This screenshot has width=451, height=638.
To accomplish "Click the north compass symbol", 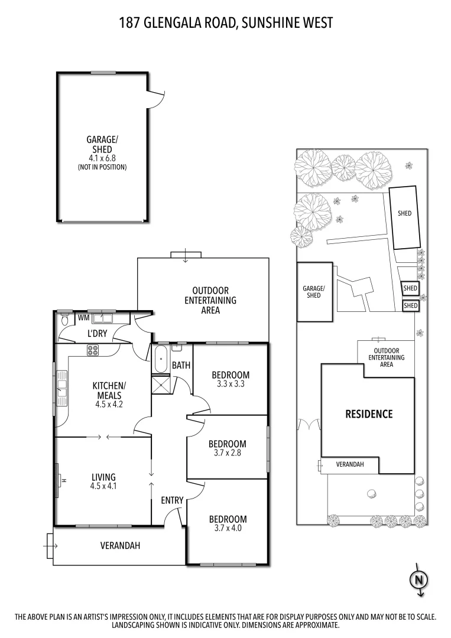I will (x=418, y=580).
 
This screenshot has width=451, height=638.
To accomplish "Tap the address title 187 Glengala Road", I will (x=225, y=23).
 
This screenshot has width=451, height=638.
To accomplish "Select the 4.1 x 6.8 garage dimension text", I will (x=102, y=158).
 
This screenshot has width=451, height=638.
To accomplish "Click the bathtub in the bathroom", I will (x=160, y=361).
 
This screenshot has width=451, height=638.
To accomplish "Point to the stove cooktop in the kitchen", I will (x=93, y=350).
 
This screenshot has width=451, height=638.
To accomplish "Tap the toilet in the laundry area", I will (x=65, y=320).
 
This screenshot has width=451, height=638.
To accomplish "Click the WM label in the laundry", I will (x=84, y=318).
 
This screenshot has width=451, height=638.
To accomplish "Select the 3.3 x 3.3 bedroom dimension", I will (x=231, y=384).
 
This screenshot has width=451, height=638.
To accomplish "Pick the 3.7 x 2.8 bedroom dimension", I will (x=228, y=453).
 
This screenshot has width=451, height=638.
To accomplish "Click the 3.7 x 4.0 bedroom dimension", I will (x=228, y=529).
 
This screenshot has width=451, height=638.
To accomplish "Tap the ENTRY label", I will (x=172, y=500).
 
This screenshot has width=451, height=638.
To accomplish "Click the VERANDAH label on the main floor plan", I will (x=120, y=546).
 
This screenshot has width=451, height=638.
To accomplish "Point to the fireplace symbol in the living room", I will (x=59, y=480).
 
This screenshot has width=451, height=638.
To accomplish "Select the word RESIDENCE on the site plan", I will (x=368, y=414).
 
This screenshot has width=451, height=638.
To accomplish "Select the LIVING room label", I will (x=103, y=477).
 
